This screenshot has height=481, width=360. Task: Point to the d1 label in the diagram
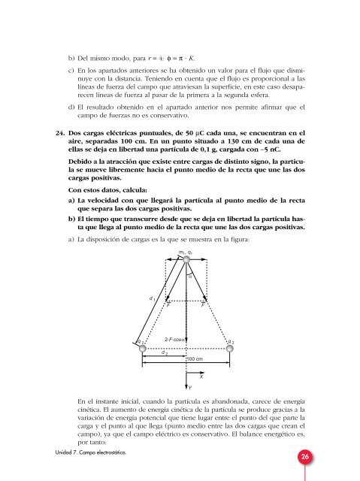click(152, 298)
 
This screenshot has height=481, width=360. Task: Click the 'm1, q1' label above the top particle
click(187, 252)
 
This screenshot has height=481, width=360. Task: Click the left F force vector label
click(168, 305)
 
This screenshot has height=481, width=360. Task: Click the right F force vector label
click(204, 305)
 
